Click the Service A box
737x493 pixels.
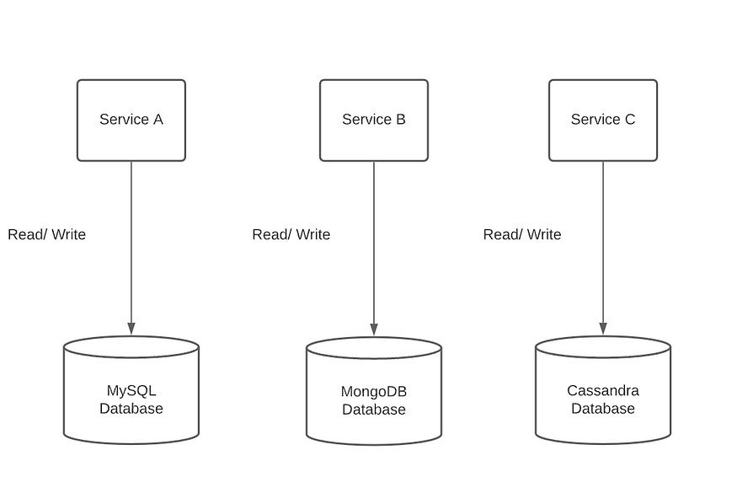tap(131, 120)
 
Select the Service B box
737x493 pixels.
tap(374, 120)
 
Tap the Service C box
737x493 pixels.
tap(603, 120)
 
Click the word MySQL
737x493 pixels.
tap(131, 391)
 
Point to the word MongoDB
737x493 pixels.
tap(374, 392)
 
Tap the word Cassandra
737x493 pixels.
tap(603, 391)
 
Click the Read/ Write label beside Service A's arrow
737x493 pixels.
tap(47, 234)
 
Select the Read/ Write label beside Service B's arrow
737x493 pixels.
tap(291, 234)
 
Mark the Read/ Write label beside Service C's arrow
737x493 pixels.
tap(522, 234)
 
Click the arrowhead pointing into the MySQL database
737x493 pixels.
tap(131, 328)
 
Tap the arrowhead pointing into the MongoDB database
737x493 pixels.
tap(374, 329)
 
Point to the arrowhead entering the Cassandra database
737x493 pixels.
tap(603, 328)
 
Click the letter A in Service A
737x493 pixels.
tap(158, 120)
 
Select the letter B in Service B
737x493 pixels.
tap(401, 120)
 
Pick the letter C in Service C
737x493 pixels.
tap(630, 120)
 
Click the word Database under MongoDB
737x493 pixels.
tap(374, 410)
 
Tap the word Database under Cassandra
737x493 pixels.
tap(603, 409)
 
